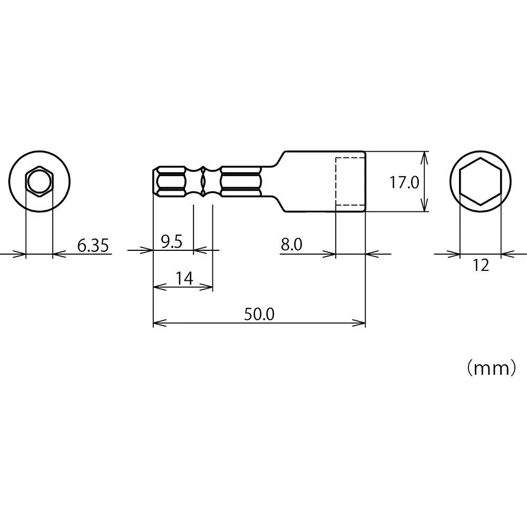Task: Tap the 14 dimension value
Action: (183, 279)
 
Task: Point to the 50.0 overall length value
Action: (259, 314)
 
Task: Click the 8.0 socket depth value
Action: (291, 244)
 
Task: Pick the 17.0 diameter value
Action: (404, 183)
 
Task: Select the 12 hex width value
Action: (481, 265)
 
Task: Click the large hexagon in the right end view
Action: (480, 181)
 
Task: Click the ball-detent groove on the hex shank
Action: (203, 181)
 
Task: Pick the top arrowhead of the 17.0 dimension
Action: (425, 155)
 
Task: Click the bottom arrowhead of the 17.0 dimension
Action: (425, 208)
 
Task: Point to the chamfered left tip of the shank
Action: (156, 181)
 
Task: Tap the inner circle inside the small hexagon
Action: (39, 182)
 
